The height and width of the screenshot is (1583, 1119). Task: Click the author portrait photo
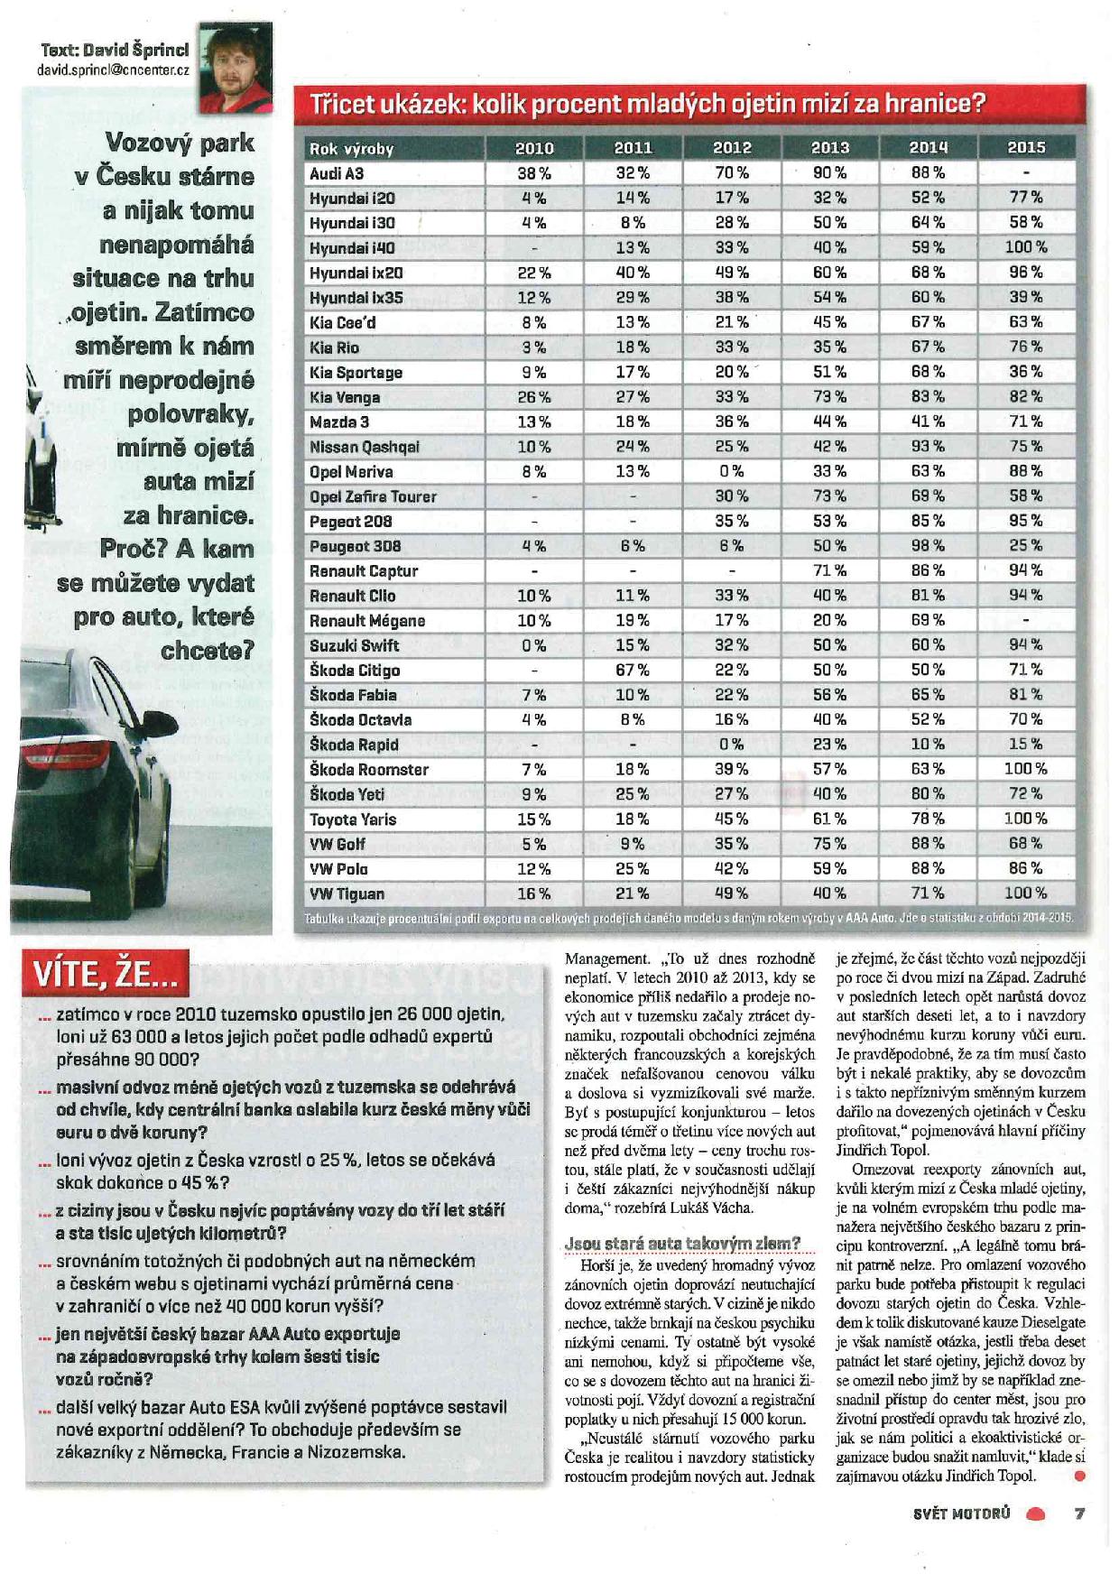point(235,69)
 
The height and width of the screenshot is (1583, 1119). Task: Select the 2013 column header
point(829,148)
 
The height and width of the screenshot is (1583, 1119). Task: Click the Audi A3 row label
point(337,173)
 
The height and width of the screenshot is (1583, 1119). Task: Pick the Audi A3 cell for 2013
point(829,173)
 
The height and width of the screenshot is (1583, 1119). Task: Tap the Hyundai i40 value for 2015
point(1026,247)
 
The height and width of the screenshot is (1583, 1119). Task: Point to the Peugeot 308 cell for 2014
point(928,546)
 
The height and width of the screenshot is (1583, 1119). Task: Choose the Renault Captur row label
point(364,571)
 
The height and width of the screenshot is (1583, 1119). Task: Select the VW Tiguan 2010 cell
point(533,893)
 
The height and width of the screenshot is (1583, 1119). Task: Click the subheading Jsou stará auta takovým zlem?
point(682,1243)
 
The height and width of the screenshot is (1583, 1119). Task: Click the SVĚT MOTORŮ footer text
point(961,1514)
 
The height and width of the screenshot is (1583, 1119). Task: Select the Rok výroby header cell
point(352,149)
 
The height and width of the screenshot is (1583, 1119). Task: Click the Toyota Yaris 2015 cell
point(1026,819)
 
